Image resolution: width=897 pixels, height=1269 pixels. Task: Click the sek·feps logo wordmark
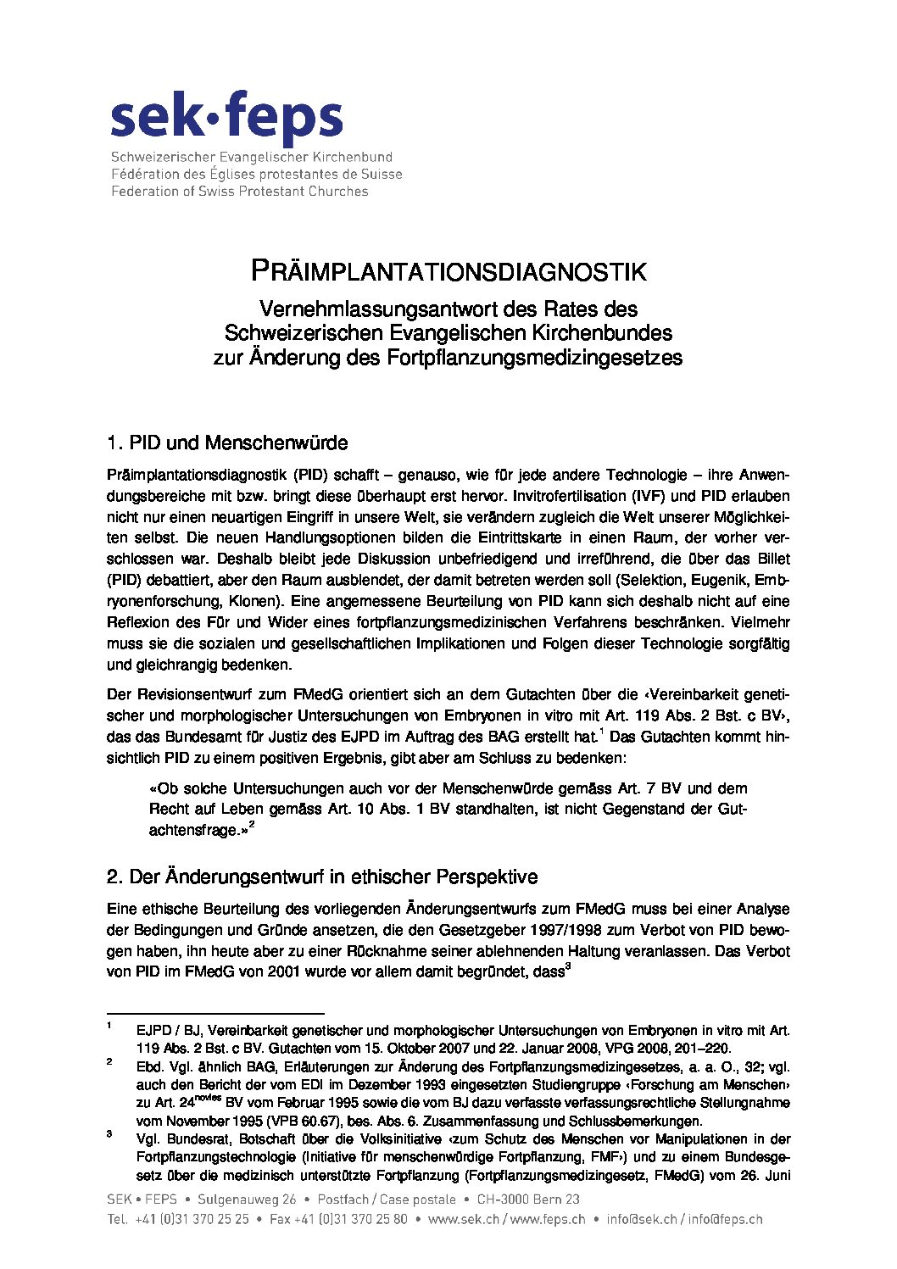(226, 120)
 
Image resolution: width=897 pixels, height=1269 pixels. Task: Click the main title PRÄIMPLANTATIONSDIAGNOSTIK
(448, 271)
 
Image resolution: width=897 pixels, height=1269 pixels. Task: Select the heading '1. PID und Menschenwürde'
(227, 442)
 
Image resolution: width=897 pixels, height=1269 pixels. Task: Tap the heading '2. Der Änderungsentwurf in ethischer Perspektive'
(321, 876)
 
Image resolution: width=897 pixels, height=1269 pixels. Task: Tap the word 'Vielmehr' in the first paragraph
(756, 622)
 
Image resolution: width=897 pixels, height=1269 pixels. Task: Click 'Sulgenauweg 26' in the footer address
(247, 1199)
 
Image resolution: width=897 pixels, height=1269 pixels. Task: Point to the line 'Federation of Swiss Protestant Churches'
(240, 192)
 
